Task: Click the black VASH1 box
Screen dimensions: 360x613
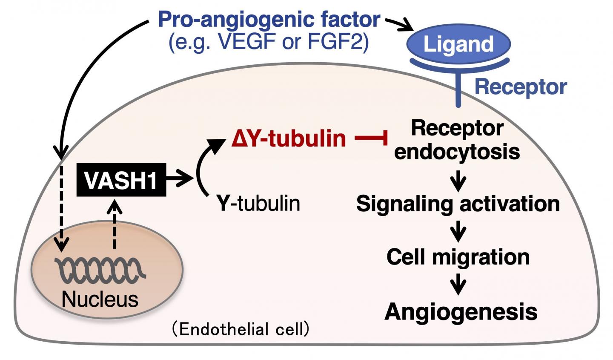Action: (121, 180)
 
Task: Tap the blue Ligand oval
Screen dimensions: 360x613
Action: (458, 44)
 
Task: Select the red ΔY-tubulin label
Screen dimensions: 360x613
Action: (288, 138)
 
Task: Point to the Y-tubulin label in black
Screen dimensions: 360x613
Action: (258, 203)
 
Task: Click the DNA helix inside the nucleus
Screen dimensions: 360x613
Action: (103, 268)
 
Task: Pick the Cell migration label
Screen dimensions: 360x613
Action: (458, 257)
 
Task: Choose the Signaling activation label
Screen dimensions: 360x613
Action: (458, 203)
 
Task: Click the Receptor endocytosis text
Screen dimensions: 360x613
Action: (457, 140)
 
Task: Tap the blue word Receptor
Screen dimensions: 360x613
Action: (520, 87)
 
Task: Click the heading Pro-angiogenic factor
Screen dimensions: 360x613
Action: (269, 20)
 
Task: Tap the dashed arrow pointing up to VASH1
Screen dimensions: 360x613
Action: (114, 226)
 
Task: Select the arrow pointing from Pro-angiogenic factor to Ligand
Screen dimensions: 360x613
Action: (400, 24)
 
